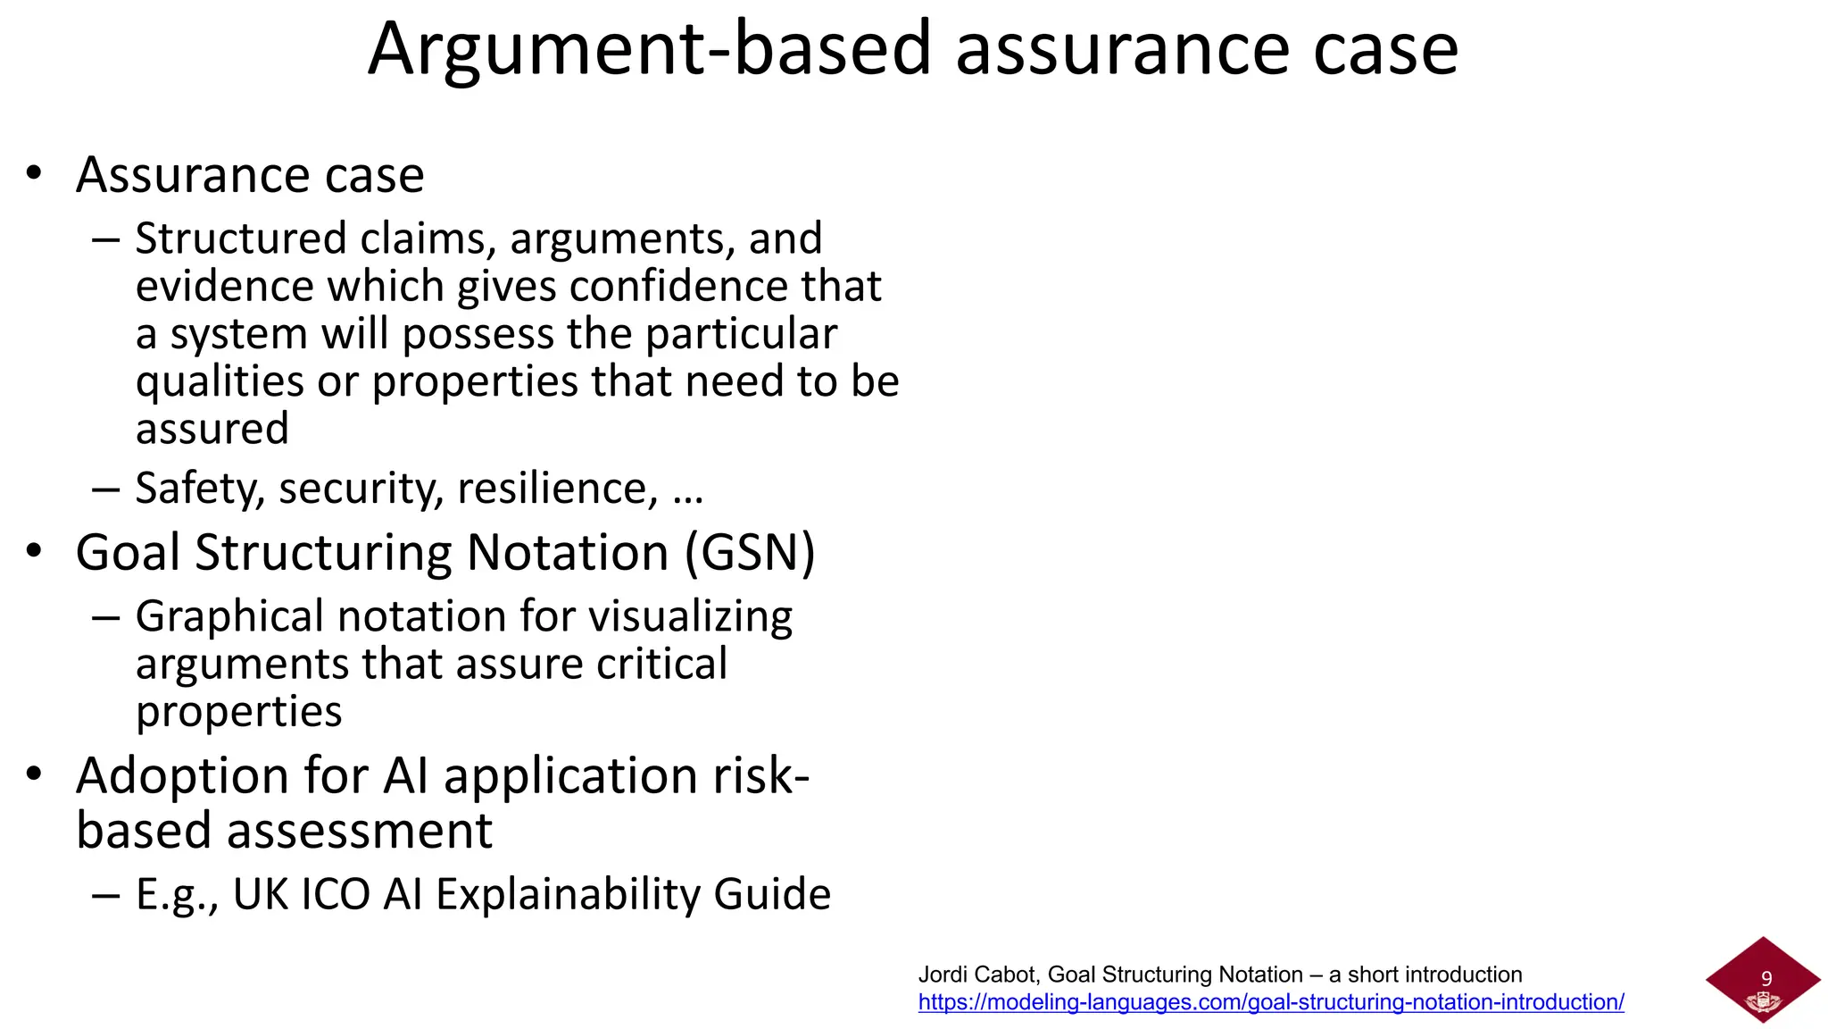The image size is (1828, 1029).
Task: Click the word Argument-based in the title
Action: click(x=650, y=50)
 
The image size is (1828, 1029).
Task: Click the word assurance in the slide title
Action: click(x=1123, y=50)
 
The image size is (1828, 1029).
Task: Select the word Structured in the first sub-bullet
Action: click(x=241, y=238)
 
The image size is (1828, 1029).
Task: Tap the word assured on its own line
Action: click(x=212, y=429)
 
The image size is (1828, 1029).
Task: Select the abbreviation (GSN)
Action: click(x=750, y=552)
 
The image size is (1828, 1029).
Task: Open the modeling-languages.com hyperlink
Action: click(x=1271, y=1002)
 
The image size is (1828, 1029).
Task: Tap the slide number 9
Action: click(x=1766, y=979)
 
